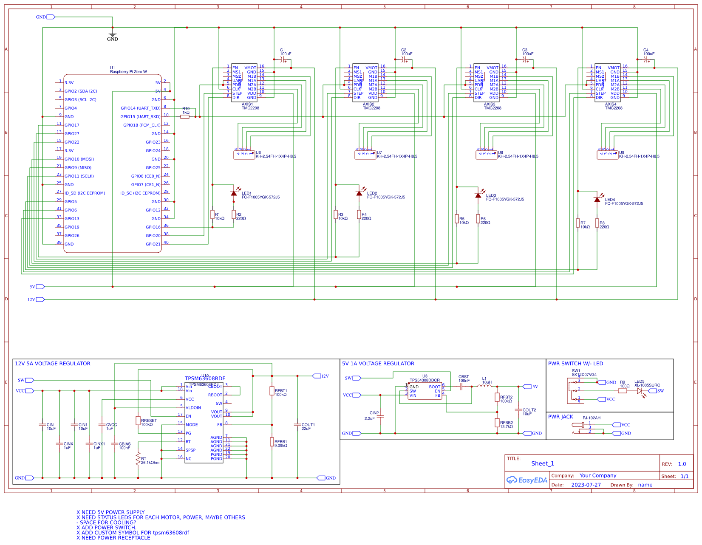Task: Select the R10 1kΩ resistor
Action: pos(185,116)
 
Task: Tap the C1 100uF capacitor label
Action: pos(285,52)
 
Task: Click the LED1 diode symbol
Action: pos(233,193)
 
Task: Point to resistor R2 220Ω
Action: pos(233,215)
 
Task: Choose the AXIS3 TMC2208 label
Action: pos(492,106)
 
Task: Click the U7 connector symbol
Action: pos(365,155)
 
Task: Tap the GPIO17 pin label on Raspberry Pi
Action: pos(72,125)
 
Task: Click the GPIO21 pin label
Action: pos(153,244)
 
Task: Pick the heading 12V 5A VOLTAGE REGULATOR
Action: pos(53,364)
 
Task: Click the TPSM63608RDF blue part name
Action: pos(205,378)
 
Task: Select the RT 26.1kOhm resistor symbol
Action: pos(138,459)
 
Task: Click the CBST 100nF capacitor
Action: pos(461,387)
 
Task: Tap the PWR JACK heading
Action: pos(560,417)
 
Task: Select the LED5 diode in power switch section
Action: pos(640,391)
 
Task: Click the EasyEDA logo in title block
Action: pos(527,480)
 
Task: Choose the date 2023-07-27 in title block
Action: pos(586,485)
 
